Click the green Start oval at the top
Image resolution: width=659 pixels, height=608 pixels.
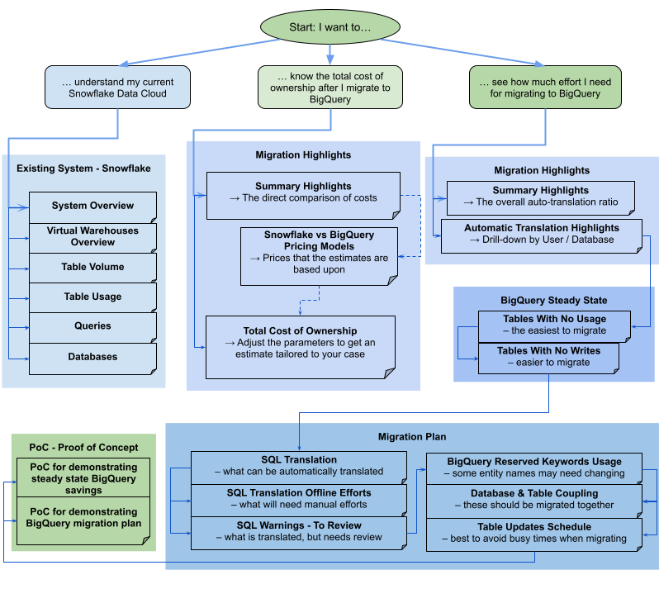pyautogui.click(x=329, y=27)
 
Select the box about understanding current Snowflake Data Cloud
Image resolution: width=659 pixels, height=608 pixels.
pyautogui.click(x=117, y=88)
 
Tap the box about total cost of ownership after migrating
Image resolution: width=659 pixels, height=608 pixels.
pyautogui.click(x=329, y=88)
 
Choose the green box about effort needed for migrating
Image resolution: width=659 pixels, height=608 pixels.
pyautogui.click(x=545, y=88)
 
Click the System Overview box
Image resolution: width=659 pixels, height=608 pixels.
pyautogui.click(x=92, y=207)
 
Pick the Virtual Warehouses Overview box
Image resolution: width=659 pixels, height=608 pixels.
pyautogui.click(x=92, y=237)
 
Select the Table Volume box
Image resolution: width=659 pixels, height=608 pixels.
pyautogui.click(x=92, y=268)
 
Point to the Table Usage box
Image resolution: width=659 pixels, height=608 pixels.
pyautogui.click(x=92, y=297)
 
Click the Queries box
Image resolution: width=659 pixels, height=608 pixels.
pyautogui.click(x=92, y=326)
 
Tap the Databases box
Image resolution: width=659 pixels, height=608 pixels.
pyautogui.click(x=92, y=358)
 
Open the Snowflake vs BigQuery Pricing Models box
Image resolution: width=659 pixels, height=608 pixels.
pyautogui.click(x=319, y=252)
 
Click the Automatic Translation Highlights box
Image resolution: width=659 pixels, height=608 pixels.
pyautogui.click(x=541, y=235)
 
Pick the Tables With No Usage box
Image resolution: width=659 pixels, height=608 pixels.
pyautogui.click(x=554, y=325)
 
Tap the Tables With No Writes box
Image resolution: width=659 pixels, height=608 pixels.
pyautogui.click(x=548, y=357)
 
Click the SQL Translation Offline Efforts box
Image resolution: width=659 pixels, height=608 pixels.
pyautogui.click(x=298, y=499)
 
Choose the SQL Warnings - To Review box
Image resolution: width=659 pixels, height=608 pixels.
pyautogui.click(x=298, y=531)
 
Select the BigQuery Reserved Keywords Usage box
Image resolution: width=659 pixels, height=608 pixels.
pyautogui.click(x=533, y=468)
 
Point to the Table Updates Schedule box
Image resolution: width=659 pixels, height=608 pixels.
pyautogui.click(x=533, y=533)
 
